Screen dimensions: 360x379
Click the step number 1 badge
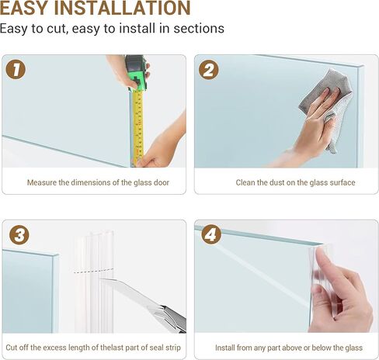16,69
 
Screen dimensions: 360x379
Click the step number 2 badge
208,69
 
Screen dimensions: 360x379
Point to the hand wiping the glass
311,132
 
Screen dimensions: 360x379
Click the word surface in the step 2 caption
340,182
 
